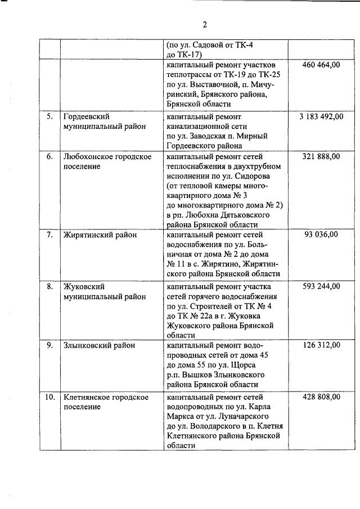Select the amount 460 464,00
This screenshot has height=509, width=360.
[x=321, y=65]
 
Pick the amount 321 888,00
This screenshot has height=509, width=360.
[x=321, y=156]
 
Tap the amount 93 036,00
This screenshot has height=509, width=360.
[x=322, y=235]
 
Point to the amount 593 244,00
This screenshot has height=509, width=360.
[x=321, y=286]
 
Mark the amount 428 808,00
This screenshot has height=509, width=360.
[x=321, y=397]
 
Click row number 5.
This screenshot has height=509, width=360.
[x=49, y=116]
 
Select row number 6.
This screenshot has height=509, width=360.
[x=49, y=156]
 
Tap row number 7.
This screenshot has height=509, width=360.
[x=49, y=235]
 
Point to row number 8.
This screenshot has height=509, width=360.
[x=49, y=286]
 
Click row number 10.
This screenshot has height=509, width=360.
[x=49, y=397]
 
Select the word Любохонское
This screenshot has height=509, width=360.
[x=88, y=156]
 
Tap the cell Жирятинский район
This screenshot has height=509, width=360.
[x=100, y=235]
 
